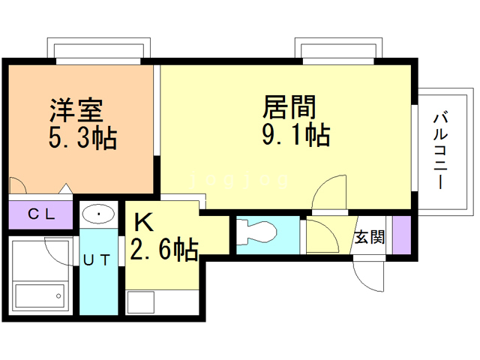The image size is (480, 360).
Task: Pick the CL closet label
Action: point(40,214)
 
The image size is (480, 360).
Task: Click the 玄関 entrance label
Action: point(370,238)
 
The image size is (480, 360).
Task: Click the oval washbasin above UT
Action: point(98,215)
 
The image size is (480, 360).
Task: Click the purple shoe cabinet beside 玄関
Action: point(402,235)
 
